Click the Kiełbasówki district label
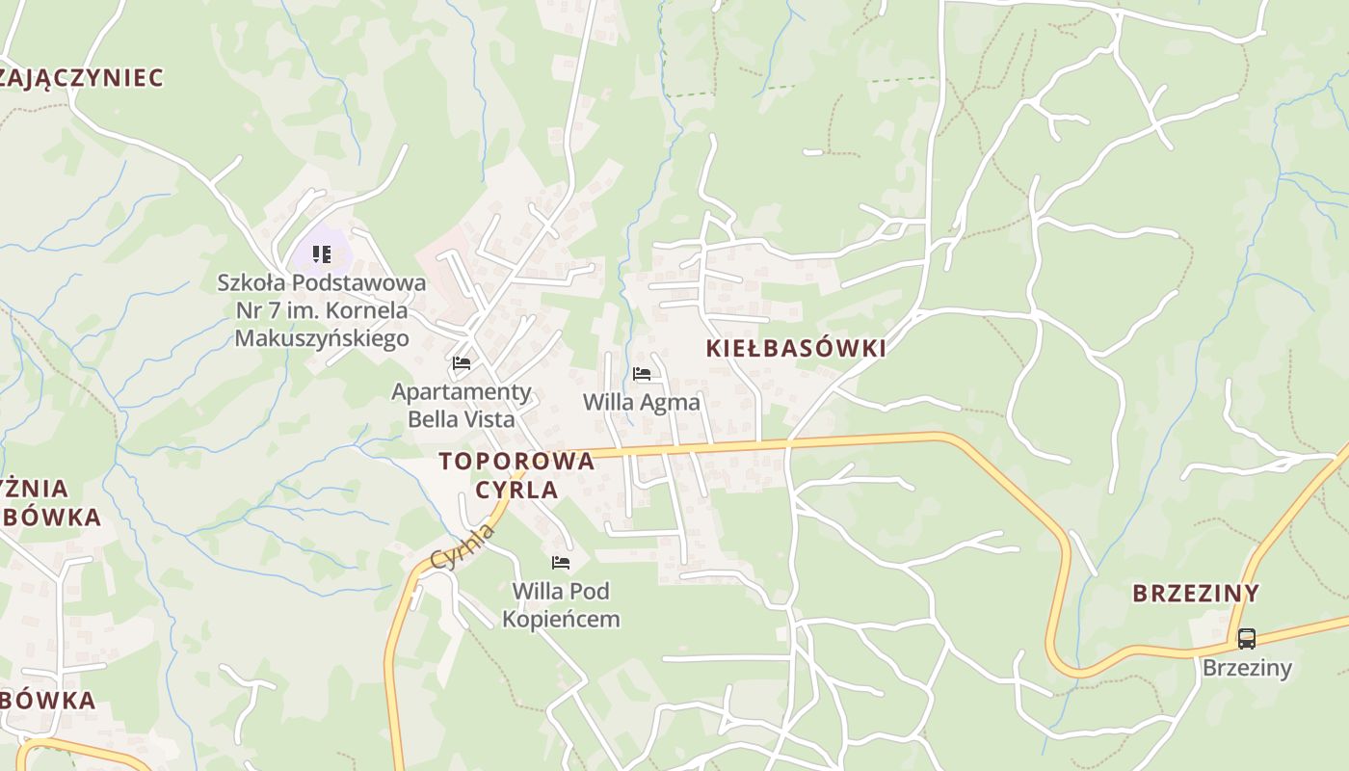click(795, 349)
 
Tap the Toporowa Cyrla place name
click(516, 474)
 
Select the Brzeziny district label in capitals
click(1195, 593)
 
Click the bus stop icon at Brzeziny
click(1246, 638)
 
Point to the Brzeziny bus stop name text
click(1246, 668)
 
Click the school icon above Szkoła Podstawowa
click(322, 254)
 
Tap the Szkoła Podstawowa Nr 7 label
click(322, 310)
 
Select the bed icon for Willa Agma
click(642, 374)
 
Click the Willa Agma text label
click(642, 402)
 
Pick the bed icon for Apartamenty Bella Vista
click(462, 363)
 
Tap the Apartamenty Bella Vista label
click(462, 405)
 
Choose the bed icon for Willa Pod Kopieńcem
click(560, 562)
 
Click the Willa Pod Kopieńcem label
click(561, 604)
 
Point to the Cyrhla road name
click(463, 546)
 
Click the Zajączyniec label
click(81, 78)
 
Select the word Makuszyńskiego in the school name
click(322, 338)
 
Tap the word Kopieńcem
click(561, 619)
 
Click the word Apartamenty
click(462, 391)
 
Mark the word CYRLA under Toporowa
click(516, 490)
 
